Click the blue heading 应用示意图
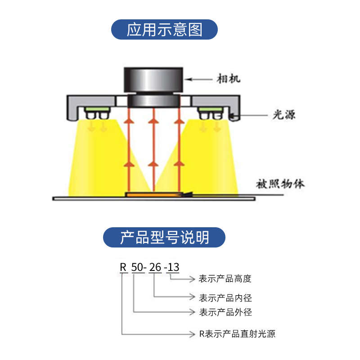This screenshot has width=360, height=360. pos(165,29)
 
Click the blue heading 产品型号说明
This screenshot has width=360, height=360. pos(164,237)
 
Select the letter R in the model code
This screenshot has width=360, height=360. pos(123,267)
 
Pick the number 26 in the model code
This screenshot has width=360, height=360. pos(155,267)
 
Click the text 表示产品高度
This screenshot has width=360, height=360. pos(225,279)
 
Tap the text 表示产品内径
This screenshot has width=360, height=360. pos(225,297)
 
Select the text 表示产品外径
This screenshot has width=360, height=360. pos(225,312)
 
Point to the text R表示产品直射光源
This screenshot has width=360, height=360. pos(237,334)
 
